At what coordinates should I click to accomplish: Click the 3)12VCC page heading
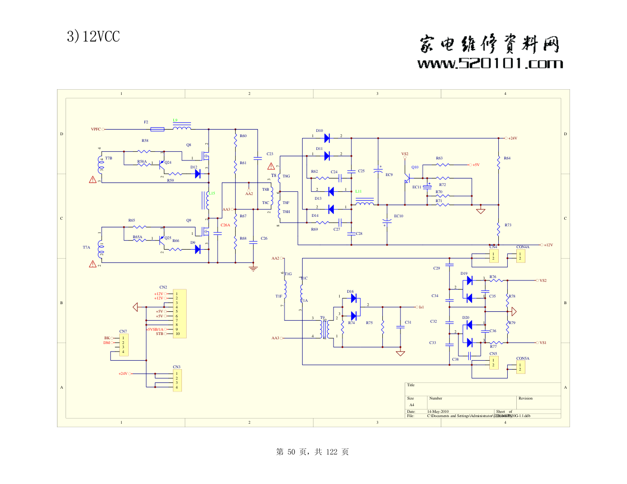tap(93, 37)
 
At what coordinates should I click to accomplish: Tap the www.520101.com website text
tap(490, 64)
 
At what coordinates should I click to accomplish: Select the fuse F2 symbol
tap(157, 129)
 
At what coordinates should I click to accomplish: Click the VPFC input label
tap(96, 129)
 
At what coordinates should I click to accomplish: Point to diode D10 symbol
tap(327, 138)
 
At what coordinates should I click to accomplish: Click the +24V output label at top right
tap(513, 138)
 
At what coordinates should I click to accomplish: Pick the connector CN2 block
tap(180, 314)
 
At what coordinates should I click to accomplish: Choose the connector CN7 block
tap(124, 345)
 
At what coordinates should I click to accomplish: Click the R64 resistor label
tap(507, 158)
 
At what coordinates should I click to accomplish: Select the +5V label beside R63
tap(476, 165)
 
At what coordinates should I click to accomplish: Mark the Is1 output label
tap(421, 307)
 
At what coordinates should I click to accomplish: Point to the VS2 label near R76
tap(543, 280)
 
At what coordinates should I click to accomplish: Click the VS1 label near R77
tap(543, 343)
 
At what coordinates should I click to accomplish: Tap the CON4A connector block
tap(521, 256)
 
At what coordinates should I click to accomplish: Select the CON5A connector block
tap(521, 367)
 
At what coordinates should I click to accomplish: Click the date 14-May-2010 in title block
tap(437, 412)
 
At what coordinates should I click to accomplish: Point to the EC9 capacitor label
tap(389, 175)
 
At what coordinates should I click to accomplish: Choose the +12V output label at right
tap(549, 245)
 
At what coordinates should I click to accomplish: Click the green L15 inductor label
tap(212, 193)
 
